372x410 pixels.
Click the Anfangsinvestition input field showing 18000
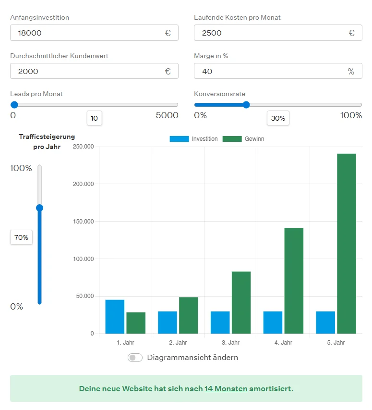tap(86, 33)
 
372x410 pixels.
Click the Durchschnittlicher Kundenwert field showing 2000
tap(86, 71)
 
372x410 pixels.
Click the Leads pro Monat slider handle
tap(14, 105)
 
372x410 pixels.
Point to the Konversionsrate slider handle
tap(246, 105)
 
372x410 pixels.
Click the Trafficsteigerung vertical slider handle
tap(40, 208)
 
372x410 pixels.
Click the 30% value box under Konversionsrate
tap(278, 118)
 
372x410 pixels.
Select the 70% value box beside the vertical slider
tap(22, 237)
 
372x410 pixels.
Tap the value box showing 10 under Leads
tap(94, 118)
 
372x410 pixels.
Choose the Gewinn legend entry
tap(244, 139)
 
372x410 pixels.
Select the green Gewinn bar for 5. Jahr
tap(347, 243)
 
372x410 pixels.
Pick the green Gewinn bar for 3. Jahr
tap(241, 302)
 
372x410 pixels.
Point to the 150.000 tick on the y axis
tap(84, 222)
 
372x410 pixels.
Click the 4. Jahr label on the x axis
tap(283, 343)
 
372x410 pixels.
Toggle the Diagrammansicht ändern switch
tap(135, 358)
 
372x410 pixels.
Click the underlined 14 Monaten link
tap(226, 388)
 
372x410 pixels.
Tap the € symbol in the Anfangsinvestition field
tap(168, 33)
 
